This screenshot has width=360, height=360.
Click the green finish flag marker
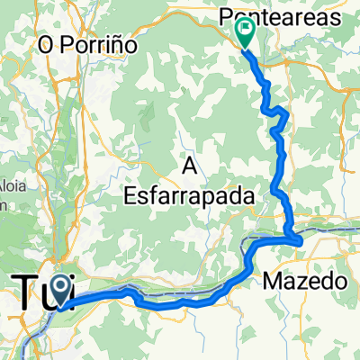(245, 32)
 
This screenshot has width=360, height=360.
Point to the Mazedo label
(305, 282)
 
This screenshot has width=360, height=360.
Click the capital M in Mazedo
(273, 282)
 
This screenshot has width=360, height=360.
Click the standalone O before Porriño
(43, 44)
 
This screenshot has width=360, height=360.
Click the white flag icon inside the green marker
(245, 30)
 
